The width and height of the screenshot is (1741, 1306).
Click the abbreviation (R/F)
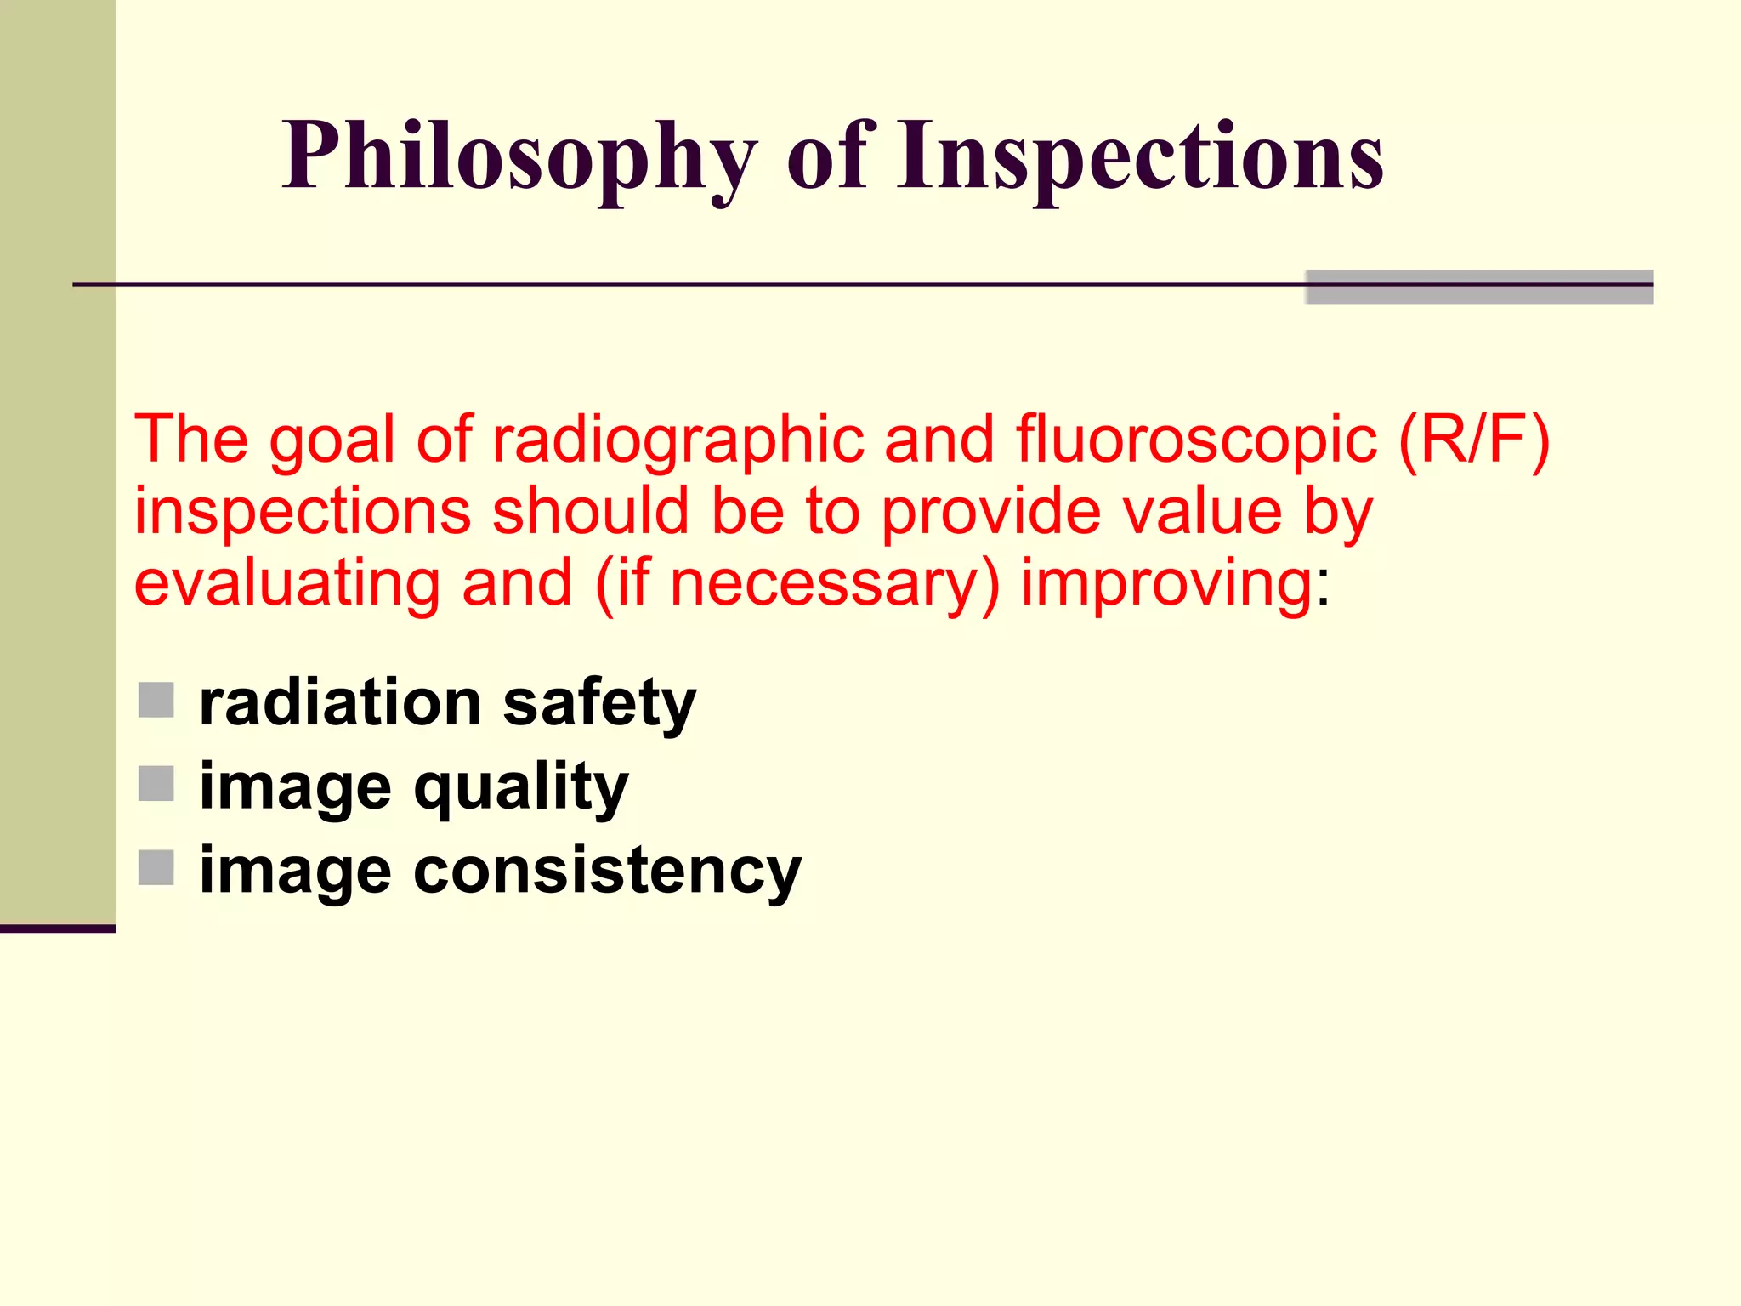(x=1473, y=440)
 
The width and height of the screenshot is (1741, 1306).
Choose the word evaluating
(x=287, y=585)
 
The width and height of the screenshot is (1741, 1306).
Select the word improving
(x=1167, y=585)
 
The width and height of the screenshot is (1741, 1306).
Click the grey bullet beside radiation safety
(x=156, y=700)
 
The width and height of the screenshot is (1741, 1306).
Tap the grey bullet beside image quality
(x=156, y=784)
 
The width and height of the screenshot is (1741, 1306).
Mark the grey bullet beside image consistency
(x=156, y=868)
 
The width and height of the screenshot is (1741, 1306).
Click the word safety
(x=599, y=704)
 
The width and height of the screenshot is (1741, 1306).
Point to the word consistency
(x=607, y=872)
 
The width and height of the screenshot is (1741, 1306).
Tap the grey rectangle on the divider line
(x=1479, y=287)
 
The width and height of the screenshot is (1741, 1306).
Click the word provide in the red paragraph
(x=991, y=513)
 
